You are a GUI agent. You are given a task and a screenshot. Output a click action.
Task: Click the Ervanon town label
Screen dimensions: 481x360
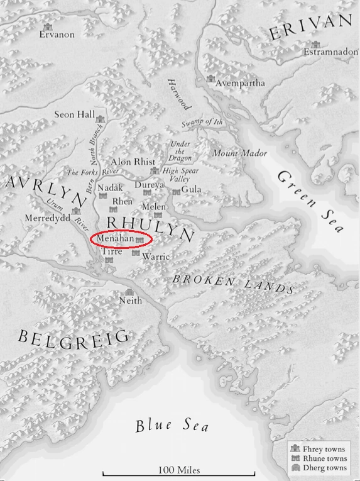[57, 35]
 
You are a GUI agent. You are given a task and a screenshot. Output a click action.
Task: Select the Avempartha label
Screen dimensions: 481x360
[240, 83]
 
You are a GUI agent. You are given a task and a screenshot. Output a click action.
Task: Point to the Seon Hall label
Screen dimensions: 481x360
[74, 115]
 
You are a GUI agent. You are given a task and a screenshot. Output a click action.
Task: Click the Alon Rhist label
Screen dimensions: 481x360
[133, 162]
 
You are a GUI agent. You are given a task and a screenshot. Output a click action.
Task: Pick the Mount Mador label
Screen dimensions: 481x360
[239, 153]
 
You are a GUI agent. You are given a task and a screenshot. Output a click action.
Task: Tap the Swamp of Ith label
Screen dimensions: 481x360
[202, 121]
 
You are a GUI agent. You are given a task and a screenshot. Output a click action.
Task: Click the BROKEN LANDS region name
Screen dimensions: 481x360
[234, 282]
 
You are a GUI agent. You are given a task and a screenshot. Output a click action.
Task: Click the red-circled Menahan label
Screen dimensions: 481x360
[116, 239]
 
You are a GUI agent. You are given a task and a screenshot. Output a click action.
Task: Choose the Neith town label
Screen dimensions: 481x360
[131, 301]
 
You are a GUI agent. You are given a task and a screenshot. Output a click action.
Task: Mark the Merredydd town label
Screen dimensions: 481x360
[45, 218]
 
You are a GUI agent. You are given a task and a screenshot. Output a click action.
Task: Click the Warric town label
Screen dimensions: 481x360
[156, 257]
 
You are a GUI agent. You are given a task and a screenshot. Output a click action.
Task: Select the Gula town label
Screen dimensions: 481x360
[191, 189]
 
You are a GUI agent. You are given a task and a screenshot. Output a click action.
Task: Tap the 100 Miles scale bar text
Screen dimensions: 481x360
[175, 469]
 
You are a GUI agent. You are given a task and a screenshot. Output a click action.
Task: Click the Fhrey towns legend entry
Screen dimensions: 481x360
[324, 450]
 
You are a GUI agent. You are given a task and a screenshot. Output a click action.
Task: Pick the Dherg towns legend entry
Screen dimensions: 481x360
[324, 467]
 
